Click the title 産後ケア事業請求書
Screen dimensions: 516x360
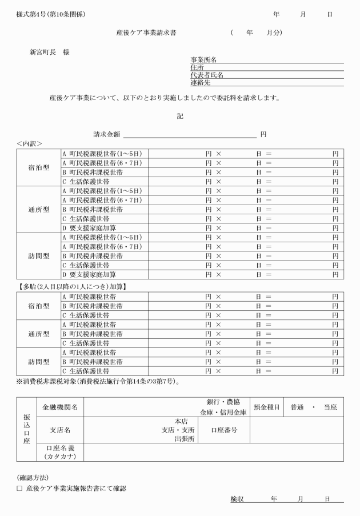(x=146, y=33)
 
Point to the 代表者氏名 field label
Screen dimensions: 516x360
(x=206, y=75)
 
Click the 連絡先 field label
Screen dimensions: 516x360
(x=201, y=83)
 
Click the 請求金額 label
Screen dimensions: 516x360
(x=107, y=134)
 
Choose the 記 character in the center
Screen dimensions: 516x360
(x=180, y=116)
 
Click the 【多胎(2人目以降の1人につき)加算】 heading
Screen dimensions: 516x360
(x=71, y=286)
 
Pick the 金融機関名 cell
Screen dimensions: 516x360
(x=61, y=407)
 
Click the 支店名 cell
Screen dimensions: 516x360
(x=61, y=430)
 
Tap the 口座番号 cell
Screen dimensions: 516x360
(x=224, y=430)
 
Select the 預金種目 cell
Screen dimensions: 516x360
(x=266, y=407)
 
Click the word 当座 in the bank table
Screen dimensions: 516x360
(x=330, y=407)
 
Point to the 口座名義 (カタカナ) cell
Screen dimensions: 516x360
(x=61, y=452)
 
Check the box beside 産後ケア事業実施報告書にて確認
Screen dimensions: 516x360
(x=19, y=489)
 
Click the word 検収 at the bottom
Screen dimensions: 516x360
(x=237, y=499)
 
